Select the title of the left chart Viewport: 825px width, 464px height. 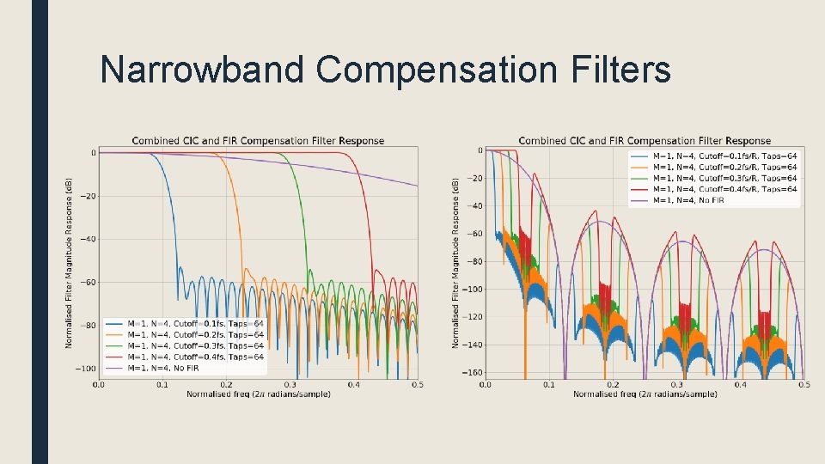tap(258, 141)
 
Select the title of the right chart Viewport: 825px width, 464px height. tap(645, 141)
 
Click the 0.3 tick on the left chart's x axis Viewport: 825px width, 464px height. tap(290, 385)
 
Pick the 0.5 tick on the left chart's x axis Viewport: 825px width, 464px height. tap(417, 385)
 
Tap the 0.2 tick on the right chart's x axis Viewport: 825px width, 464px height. tap(613, 385)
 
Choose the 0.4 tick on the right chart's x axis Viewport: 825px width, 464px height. tap(740, 385)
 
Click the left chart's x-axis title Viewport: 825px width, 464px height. tap(258, 394)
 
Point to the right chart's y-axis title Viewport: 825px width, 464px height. tap(455, 262)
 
